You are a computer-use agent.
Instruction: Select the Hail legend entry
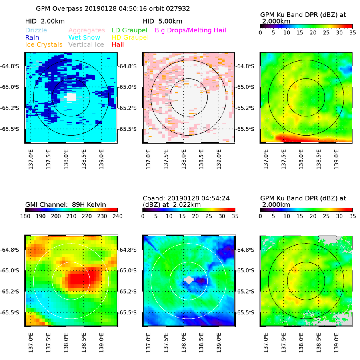click(x=118, y=44)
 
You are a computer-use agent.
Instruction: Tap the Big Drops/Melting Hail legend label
click(x=190, y=30)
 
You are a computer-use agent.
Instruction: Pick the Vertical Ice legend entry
click(x=87, y=44)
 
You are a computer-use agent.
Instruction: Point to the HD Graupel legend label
click(x=130, y=37)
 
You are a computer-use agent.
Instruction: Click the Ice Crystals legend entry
click(x=44, y=44)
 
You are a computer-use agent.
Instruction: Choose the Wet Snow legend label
click(x=84, y=37)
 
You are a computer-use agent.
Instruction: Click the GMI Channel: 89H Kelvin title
click(x=66, y=204)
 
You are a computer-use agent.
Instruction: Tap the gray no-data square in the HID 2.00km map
click(x=71, y=97)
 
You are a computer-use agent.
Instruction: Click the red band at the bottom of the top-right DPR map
click(x=308, y=138)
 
